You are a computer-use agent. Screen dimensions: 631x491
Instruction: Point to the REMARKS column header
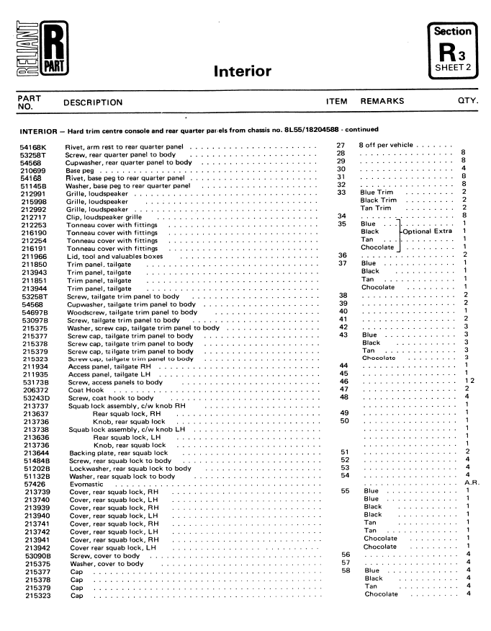point(383,102)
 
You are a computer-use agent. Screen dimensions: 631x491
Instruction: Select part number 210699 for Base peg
point(32,169)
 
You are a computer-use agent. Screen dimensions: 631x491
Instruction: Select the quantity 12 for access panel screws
point(468,381)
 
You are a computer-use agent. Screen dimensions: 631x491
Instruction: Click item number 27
point(342,146)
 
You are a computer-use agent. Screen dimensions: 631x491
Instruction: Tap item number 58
point(344,570)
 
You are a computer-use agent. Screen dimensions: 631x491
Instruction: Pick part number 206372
point(33,389)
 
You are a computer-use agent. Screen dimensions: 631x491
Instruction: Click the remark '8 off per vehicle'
point(387,146)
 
